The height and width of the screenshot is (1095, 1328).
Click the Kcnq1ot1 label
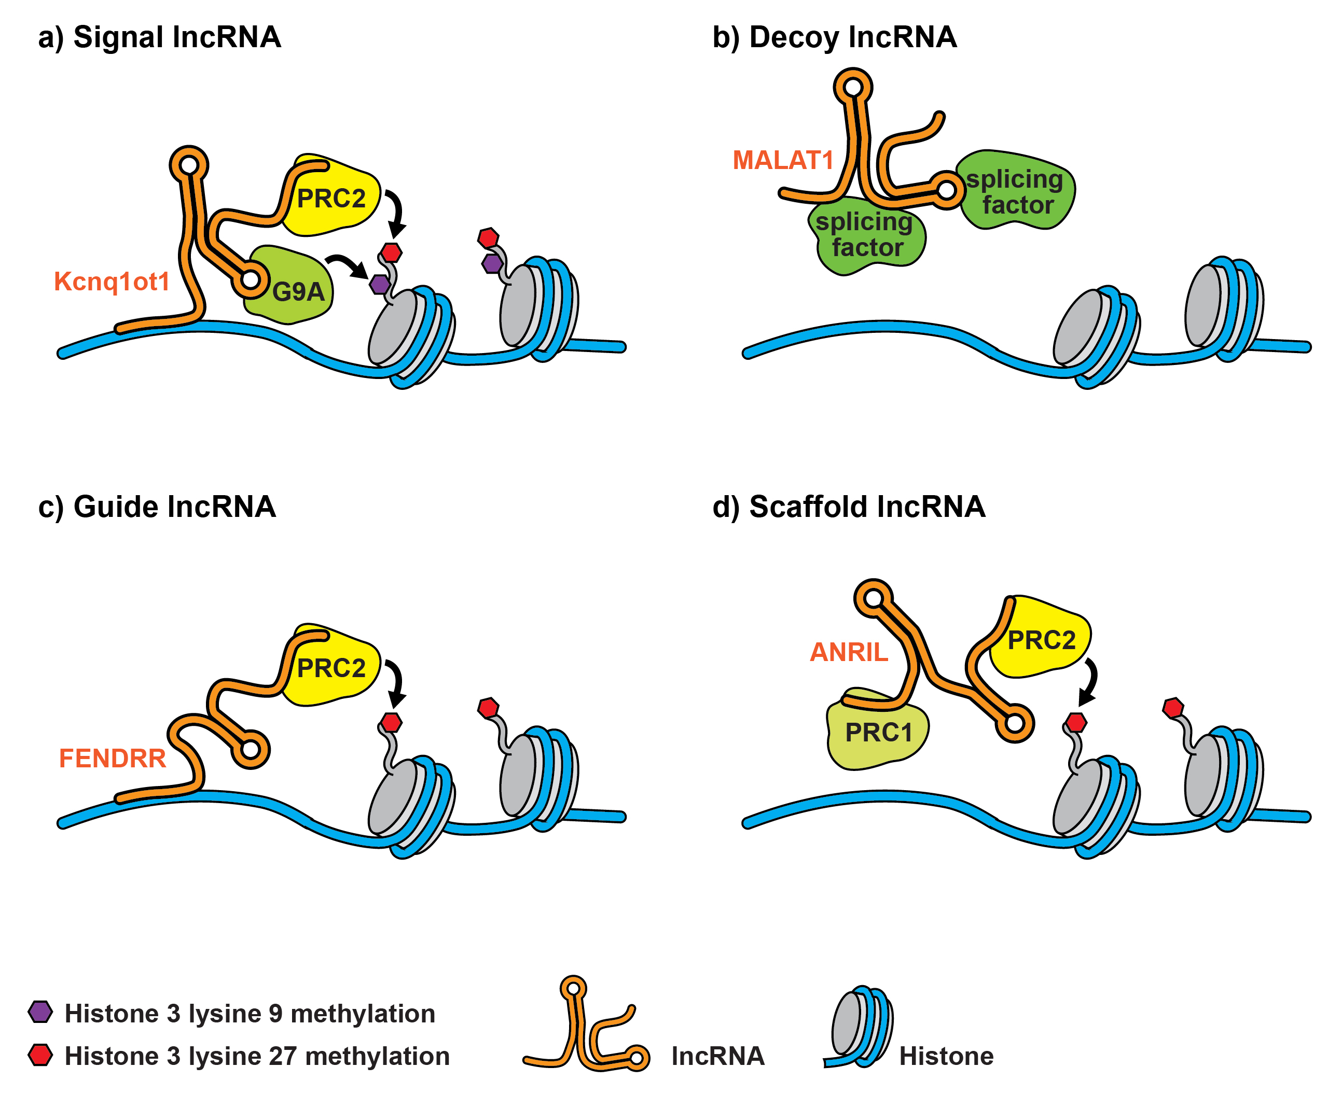[111, 282]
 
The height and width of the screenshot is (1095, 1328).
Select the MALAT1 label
[783, 160]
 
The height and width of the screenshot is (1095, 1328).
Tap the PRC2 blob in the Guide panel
[331, 667]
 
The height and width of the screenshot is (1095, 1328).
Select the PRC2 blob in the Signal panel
[331, 198]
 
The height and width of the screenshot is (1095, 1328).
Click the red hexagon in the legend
[40, 1055]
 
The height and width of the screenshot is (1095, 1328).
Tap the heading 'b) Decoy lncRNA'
[834, 37]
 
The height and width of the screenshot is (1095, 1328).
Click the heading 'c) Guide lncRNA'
[157, 507]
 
